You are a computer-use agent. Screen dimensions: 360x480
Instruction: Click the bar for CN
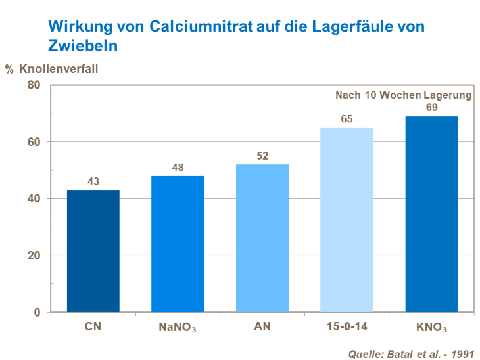[93, 251]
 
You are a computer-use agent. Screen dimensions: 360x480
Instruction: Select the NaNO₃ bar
[178, 244]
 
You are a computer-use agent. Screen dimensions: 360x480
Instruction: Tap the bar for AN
[262, 238]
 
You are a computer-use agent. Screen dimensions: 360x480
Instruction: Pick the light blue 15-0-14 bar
[347, 220]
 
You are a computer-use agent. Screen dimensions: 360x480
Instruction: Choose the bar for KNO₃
[431, 214]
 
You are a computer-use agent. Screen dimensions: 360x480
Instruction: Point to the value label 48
[178, 168]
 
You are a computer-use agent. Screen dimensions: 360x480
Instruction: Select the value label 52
[262, 156]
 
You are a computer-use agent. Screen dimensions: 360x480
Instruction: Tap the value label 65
[347, 120]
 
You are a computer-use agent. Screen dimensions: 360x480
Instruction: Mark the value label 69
[431, 108]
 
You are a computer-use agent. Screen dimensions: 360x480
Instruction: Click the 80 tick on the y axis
[34, 85]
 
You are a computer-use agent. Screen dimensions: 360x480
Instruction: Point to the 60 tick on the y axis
[34, 142]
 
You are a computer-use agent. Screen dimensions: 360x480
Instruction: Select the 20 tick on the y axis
[34, 256]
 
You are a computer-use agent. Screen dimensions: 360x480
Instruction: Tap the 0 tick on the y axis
[37, 312]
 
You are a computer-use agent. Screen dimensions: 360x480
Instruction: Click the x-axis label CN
[93, 326]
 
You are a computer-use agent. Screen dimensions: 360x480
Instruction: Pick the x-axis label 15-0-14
[347, 326]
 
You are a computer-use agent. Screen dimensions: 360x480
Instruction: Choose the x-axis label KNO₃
[431, 326]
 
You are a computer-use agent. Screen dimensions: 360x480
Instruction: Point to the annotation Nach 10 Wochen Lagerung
[403, 95]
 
